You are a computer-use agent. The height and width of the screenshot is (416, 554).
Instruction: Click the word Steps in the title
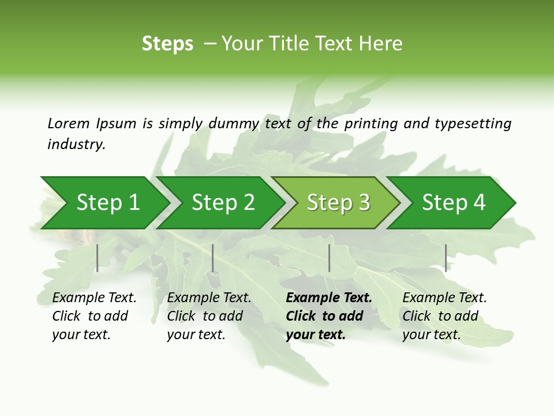[167, 44]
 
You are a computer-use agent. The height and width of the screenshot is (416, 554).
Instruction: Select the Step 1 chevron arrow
[107, 203]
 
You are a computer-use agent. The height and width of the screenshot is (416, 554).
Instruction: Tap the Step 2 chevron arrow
[223, 203]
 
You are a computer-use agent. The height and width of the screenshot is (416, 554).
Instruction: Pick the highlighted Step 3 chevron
[338, 203]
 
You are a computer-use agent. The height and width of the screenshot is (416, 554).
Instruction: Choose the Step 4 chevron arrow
[454, 203]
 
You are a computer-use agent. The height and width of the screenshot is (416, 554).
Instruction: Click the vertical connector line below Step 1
[98, 258]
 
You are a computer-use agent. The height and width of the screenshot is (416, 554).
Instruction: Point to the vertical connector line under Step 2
[213, 258]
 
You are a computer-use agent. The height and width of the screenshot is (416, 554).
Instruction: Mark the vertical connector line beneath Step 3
[329, 258]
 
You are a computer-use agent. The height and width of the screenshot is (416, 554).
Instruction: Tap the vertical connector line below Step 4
[446, 258]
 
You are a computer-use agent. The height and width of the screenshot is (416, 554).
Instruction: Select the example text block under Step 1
[94, 315]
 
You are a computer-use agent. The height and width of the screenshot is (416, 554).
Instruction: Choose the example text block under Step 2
[209, 315]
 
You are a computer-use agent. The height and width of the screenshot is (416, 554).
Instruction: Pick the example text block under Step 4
[444, 315]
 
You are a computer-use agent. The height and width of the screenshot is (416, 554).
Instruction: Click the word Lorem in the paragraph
[69, 123]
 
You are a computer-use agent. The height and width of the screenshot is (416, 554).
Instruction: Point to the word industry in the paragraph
[76, 144]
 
